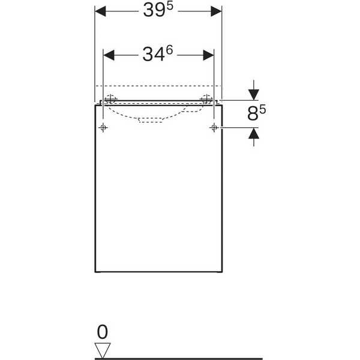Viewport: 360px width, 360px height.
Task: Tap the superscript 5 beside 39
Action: (x=169, y=6)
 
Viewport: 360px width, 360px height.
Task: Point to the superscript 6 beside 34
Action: (x=169, y=50)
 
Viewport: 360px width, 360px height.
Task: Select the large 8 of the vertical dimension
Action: (x=253, y=114)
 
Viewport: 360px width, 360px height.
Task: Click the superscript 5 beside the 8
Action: (x=263, y=109)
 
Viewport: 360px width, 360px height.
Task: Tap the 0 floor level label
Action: (x=103, y=332)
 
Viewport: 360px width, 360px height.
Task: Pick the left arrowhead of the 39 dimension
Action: (x=100, y=11)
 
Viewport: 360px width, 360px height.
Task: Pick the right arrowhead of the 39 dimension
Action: (x=216, y=11)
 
